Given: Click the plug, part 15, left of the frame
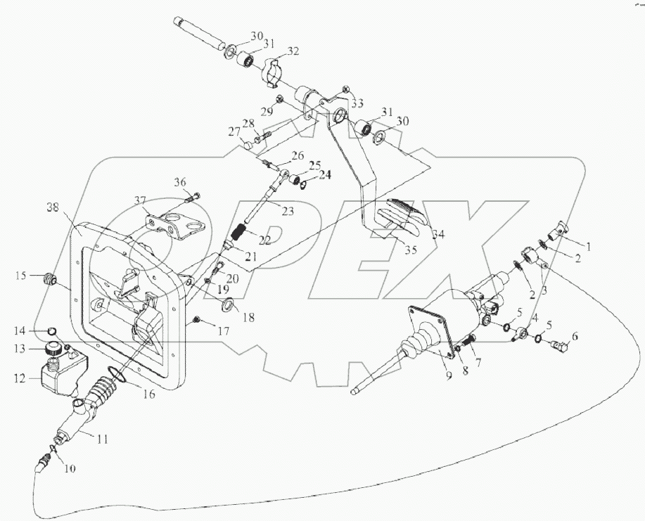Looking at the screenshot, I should [x=50, y=278].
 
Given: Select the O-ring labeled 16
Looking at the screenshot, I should [x=120, y=378].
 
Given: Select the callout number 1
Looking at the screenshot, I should [x=588, y=247].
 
